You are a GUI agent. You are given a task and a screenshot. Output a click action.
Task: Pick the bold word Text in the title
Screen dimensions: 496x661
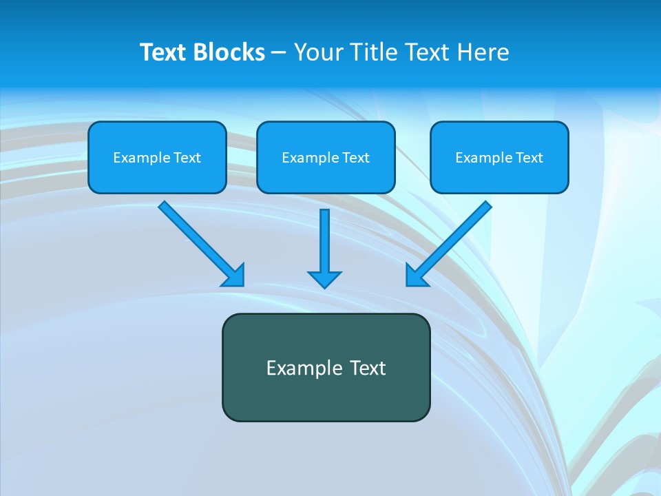(x=165, y=52)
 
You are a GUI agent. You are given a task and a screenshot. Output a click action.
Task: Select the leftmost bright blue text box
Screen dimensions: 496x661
(x=157, y=157)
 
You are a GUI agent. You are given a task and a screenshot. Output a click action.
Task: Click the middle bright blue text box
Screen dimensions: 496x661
(x=326, y=157)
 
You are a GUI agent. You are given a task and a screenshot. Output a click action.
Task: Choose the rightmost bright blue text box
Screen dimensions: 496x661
(x=499, y=157)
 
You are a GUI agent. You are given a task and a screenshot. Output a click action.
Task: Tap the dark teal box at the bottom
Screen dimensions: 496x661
(x=326, y=367)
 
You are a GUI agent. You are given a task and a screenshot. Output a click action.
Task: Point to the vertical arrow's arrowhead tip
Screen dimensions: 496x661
(x=324, y=287)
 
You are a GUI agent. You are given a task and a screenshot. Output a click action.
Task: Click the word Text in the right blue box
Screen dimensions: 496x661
(x=529, y=158)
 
